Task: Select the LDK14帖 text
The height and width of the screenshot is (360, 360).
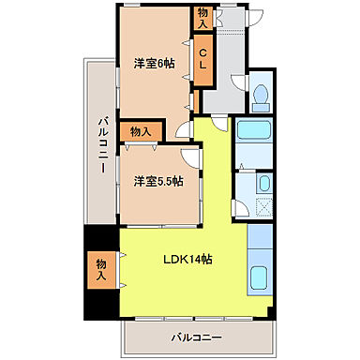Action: point(187,259)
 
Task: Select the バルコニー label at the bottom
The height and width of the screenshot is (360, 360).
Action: point(196,336)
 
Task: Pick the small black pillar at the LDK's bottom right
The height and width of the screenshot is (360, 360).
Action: point(270,312)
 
